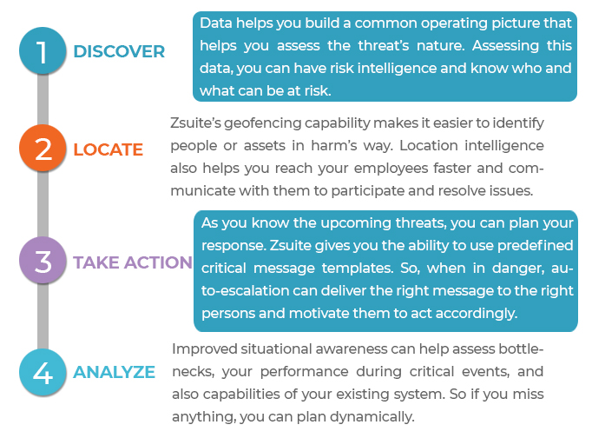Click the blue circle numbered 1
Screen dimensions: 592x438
coord(43,50)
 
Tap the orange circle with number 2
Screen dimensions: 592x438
coord(43,148)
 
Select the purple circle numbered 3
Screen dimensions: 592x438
coord(43,261)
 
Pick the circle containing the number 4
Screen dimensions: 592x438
coord(43,372)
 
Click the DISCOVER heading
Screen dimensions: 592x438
coord(119,52)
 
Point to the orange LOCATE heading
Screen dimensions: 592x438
coord(108,149)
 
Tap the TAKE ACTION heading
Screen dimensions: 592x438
coord(133,262)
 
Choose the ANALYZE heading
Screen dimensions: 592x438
coord(114,372)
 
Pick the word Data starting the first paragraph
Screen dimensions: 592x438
coord(215,23)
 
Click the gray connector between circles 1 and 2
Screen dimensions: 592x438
coord(43,99)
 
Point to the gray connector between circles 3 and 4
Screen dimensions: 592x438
coord(43,316)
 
